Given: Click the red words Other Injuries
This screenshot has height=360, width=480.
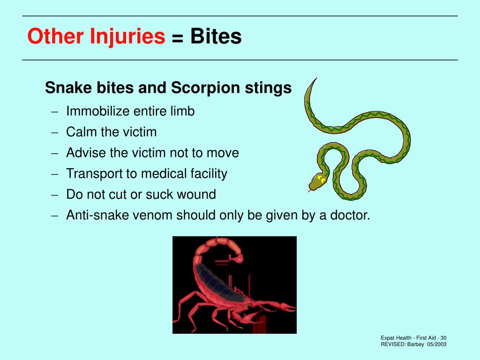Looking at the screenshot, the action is pyautogui.click(x=96, y=37).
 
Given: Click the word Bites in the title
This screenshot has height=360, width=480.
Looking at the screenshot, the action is pyautogui.click(x=216, y=37).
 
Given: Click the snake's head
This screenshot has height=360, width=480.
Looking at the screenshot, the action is pyautogui.click(x=318, y=181).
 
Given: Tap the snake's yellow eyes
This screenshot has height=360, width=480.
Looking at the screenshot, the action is pyautogui.click(x=322, y=179).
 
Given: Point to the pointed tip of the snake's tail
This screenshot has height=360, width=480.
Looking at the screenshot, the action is pyautogui.click(x=315, y=79).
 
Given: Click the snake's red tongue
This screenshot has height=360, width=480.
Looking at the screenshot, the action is pyautogui.click(x=309, y=191).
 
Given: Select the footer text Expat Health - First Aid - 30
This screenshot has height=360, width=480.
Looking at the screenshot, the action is pyautogui.click(x=413, y=338).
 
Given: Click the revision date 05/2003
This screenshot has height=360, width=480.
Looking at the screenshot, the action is pyautogui.click(x=437, y=345).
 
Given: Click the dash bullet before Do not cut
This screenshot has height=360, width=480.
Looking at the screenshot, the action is pyautogui.click(x=55, y=195).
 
